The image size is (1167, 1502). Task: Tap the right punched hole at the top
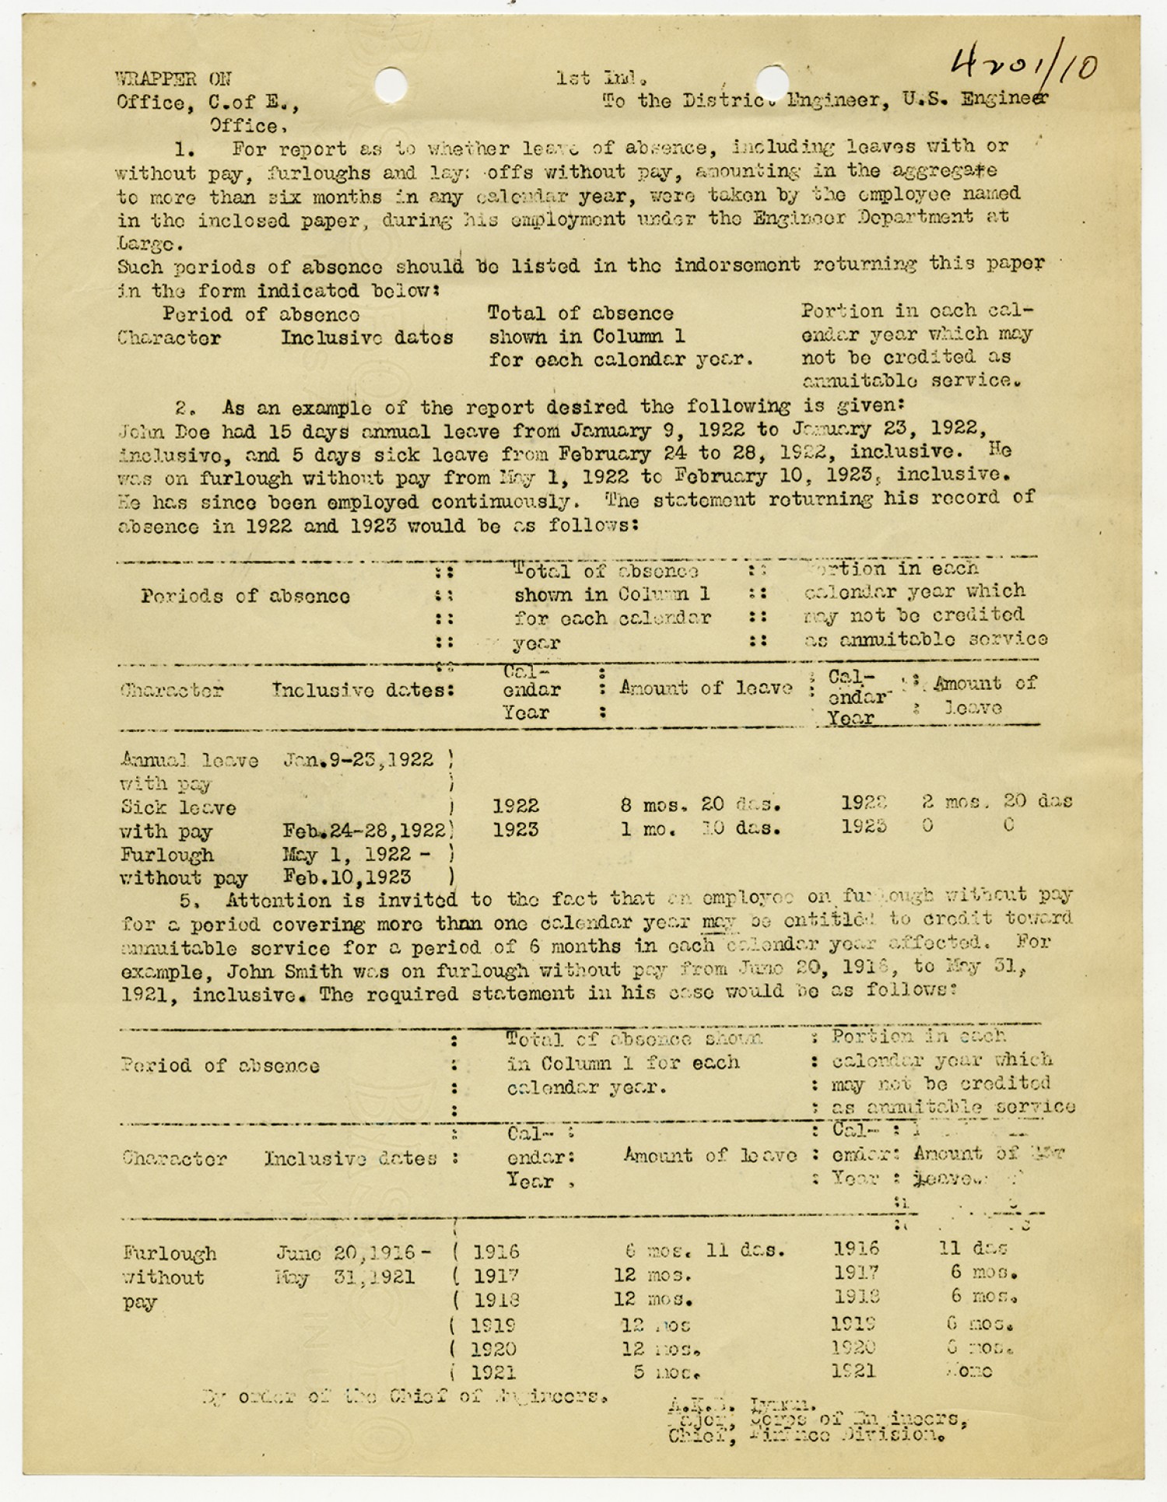point(772,81)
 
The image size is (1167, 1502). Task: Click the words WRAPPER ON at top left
point(173,79)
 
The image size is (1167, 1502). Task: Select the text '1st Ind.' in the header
point(602,78)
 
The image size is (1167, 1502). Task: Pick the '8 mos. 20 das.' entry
point(700,804)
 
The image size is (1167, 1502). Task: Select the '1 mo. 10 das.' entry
point(700,829)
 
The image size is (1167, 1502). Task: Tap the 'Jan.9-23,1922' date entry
point(359,760)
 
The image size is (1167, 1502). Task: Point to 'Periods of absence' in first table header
point(245,597)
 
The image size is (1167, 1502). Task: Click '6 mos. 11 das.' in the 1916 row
point(705,1252)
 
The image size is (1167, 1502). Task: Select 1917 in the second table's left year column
point(496,1276)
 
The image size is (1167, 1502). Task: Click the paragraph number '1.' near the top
point(185,149)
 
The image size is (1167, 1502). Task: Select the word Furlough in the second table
point(170,1253)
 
